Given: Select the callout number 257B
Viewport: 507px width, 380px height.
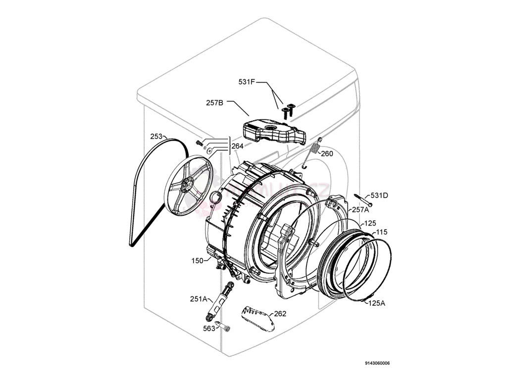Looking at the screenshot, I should pos(215,103).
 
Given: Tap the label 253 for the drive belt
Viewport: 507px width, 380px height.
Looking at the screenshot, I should pos(156,137).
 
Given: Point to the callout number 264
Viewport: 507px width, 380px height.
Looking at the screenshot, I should pos(238,146).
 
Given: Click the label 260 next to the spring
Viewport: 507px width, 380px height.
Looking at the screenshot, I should pos(327,153).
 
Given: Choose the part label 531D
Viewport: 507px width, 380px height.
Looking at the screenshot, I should pos(379,195).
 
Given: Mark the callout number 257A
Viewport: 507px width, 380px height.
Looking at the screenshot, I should pos(360,210).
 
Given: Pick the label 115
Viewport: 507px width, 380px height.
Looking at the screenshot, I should pos(381,232).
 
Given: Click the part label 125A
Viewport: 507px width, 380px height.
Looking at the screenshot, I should pos(376,303).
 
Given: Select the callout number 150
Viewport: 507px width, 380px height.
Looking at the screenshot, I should pos(197,261).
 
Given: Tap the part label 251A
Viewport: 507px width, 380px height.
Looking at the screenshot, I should pos(198,299).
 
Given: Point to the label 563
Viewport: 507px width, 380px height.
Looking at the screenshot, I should pos(209,328).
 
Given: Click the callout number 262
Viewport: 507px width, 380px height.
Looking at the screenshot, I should pos(280,314).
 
